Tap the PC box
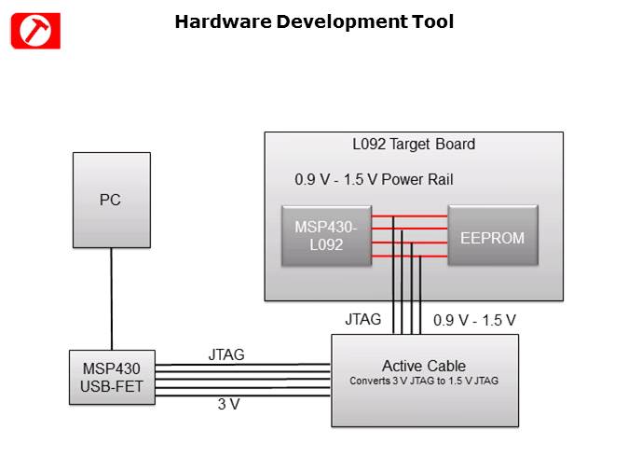[x=111, y=201]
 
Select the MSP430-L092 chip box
[x=326, y=237]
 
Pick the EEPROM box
[x=492, y=237]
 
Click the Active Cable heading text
[x=424, y=365]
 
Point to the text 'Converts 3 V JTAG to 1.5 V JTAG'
[x=424, y=381]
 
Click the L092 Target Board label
[x=413, y=145]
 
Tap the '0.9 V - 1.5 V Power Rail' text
[x=374, y=180]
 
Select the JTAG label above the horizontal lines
[x=226, y=354]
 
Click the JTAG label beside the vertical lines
[x=363, y=319]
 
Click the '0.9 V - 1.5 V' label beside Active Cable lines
[x=474, y=320]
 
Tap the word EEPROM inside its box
[x=492, y=238]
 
